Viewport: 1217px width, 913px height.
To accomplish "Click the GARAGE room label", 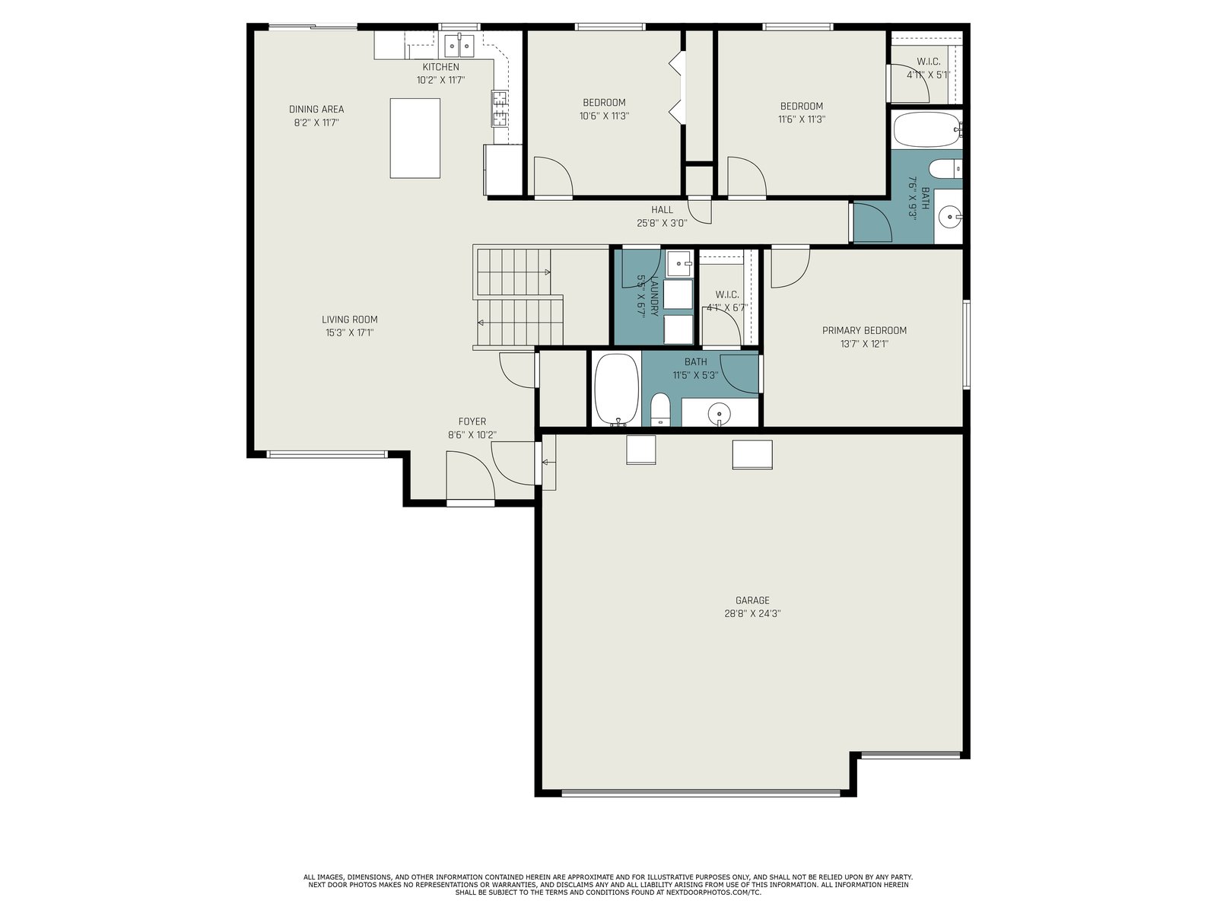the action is tap(751, 600).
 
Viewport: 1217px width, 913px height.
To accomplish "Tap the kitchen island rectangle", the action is tap(415, 138).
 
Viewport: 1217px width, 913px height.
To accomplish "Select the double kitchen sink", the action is tap(459, 45).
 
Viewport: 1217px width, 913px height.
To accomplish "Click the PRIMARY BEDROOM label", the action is tap(864, 330).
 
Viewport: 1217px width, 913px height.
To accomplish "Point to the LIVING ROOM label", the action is tap(349, 320).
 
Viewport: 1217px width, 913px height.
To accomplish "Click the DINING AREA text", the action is tap(316, 110).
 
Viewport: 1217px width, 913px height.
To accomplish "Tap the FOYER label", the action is tap(472, 422).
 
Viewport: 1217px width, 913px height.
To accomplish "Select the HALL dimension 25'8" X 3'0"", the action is tap(662, 223).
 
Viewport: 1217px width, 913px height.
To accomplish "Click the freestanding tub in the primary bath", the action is tap(617, 389).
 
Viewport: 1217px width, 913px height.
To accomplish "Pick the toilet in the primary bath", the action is tap(659, 409).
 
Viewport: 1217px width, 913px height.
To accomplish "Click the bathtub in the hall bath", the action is tap(926, 129).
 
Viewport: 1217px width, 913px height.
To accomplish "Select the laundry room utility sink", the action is tap(679, 262).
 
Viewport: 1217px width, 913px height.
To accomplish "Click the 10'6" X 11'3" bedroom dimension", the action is tap(604, 116).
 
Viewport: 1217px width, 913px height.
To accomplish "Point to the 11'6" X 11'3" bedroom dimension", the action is tap(801, 119).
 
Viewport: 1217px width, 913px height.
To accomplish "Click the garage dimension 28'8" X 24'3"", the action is tap(751, 613).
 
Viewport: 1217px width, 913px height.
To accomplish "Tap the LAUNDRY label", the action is tap(654, 295).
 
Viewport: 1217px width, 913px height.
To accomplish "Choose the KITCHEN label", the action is tap(440, 67).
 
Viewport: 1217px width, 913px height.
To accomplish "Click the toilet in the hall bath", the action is tap(945, 169).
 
